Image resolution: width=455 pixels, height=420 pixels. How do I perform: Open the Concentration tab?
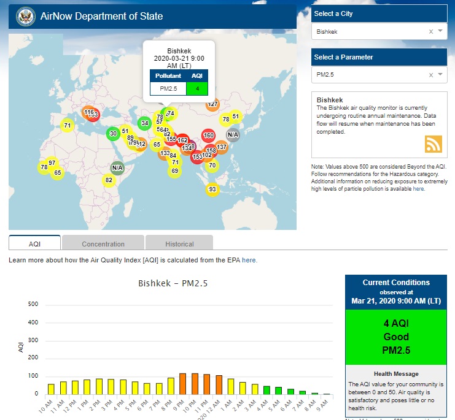click(103, 243)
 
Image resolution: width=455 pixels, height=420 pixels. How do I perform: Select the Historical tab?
click(179, 243)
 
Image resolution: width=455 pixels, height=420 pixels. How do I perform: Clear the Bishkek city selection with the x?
click(430, 31)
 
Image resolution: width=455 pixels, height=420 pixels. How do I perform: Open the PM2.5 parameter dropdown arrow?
click(440, 75)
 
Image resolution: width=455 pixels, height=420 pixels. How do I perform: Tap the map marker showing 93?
click(212, 189)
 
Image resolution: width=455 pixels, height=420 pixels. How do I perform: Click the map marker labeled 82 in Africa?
click(109, 180)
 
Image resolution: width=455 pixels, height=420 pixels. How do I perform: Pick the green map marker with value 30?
click(113, 134)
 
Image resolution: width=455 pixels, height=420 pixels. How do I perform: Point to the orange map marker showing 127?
click(212, 104)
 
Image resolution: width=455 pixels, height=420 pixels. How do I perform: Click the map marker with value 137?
click(222, 147)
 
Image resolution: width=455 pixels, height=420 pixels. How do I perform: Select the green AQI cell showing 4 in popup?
click(197, 89)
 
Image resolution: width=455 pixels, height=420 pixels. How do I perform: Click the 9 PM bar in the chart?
click(182, 383)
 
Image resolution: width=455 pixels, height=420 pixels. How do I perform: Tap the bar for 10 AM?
click(51, 389)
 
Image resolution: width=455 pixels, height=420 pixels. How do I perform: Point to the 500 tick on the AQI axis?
click(34, 304)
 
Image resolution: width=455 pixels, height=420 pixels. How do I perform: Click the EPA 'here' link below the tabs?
click(249, 260)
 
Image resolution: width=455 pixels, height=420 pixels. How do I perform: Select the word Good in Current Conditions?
click(396, 337)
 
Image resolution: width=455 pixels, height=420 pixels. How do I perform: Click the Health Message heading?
click(396, 373)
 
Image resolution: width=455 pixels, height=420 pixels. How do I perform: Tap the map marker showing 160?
click(209, 136)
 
